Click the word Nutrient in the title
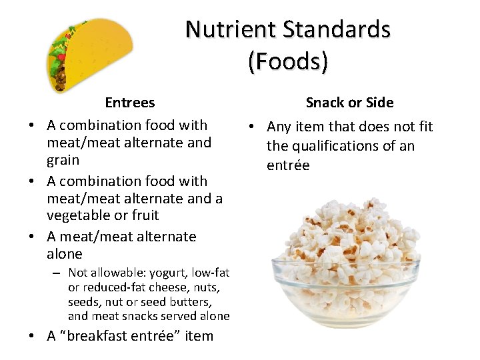coord(231,29)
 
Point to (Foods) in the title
coord(287,61)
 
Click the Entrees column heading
coord(129,103)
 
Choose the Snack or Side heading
coord(349,103)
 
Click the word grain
coord(63,160)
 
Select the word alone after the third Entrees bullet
coord(64,254)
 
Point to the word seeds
coord(83,302)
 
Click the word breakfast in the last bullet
coord(111,336)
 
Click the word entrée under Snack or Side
coord(288,165)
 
